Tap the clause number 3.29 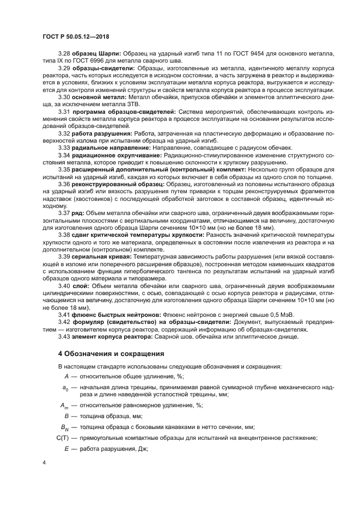click(x=64, y=68)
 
